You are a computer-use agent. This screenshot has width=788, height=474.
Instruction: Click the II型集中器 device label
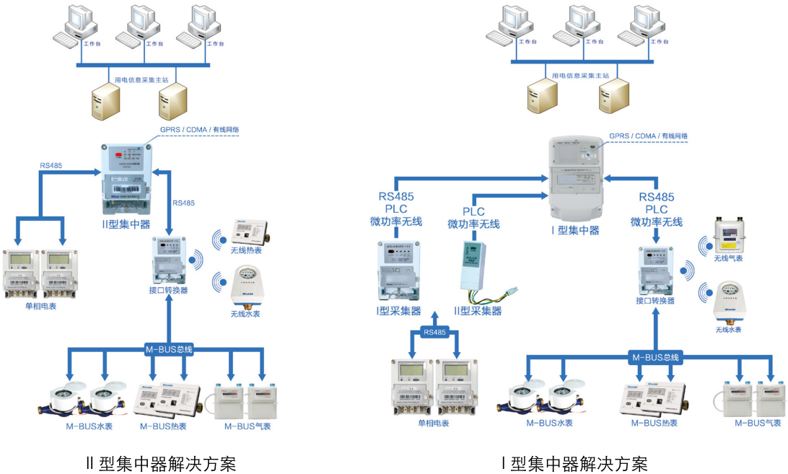pyautogui.click(x=126, y=224)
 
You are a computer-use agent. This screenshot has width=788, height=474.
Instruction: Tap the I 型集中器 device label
pyautogui.click(x=575, y=230)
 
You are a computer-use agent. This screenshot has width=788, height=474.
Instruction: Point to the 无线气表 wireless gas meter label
pyautogui.click(x=727, y=258)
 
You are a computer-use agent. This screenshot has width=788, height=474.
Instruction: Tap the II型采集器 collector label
pyautogui.click(x=478, y=311)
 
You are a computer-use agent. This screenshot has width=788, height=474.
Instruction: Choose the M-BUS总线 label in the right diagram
pyautogui.click(x=655, y=356)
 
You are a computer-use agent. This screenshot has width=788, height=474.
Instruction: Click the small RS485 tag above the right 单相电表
pyautogui.click(x=434, y=333)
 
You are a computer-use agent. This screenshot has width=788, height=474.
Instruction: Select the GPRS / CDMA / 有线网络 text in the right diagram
pyautogui.click(x=648, y=136)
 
